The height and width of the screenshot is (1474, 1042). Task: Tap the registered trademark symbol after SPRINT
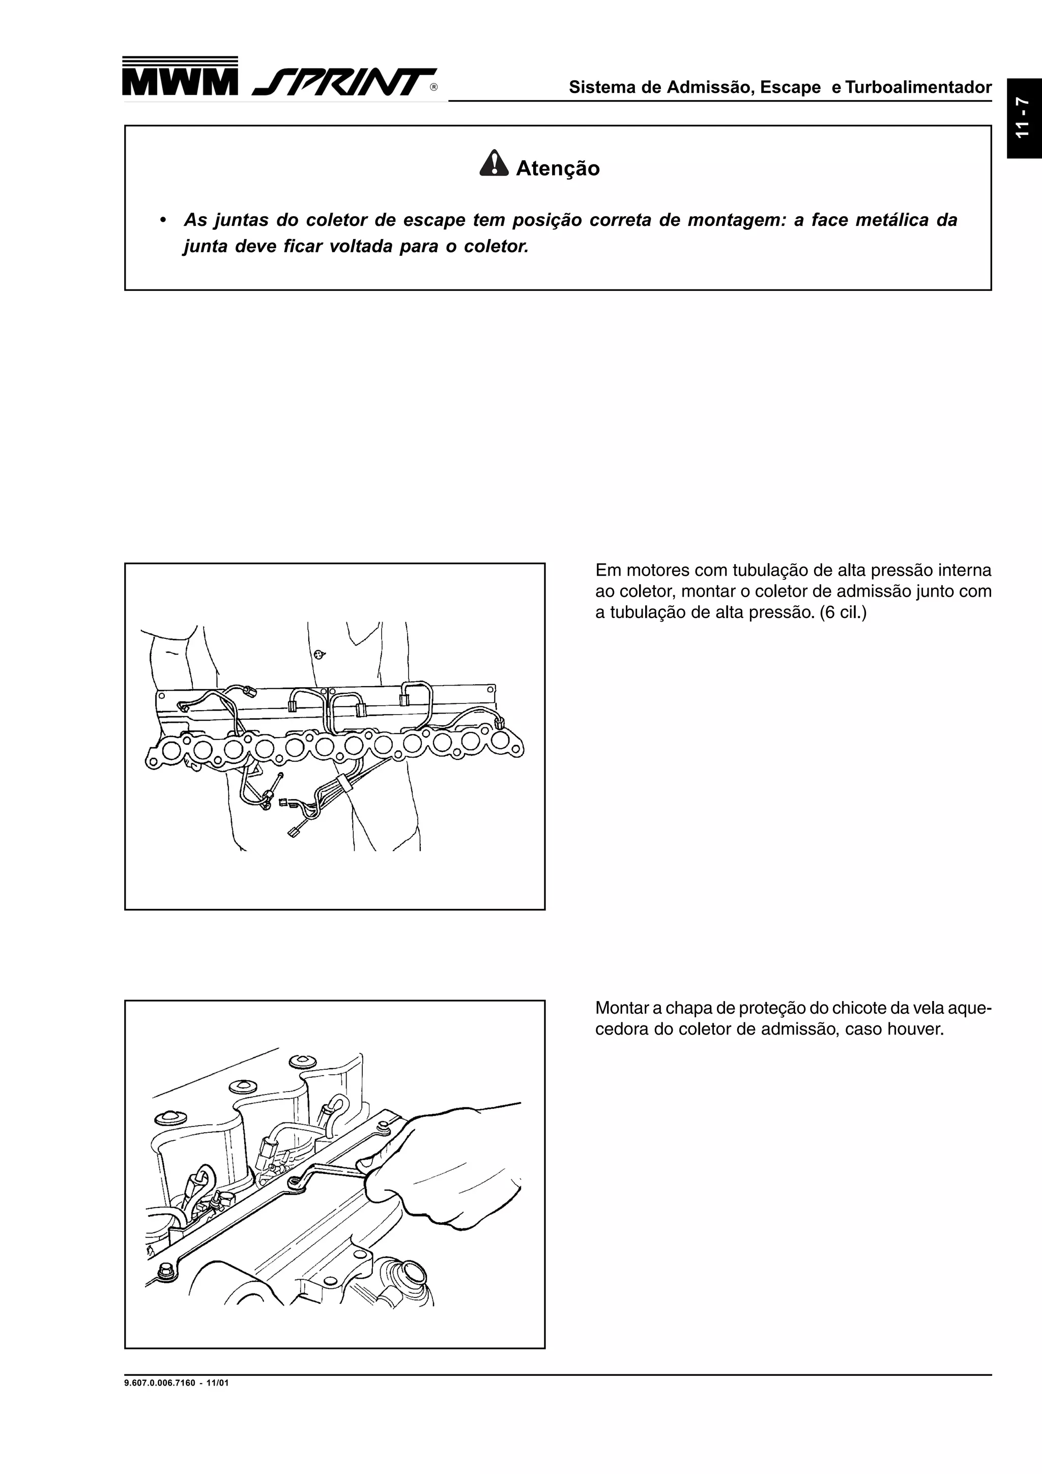pos(434,88)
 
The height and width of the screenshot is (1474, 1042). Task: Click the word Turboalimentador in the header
pos(918,87)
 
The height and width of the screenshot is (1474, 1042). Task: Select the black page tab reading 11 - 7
pos(1023,118)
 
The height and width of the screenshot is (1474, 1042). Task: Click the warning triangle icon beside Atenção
pos(494,164)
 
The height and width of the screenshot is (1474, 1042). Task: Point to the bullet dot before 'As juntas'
pos(164,221)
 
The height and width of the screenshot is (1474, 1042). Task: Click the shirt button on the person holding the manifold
pos(319,654)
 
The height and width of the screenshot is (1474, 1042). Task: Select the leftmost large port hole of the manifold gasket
pos(171,750)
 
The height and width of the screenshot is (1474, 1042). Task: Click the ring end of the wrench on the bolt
pos(295,1183)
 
